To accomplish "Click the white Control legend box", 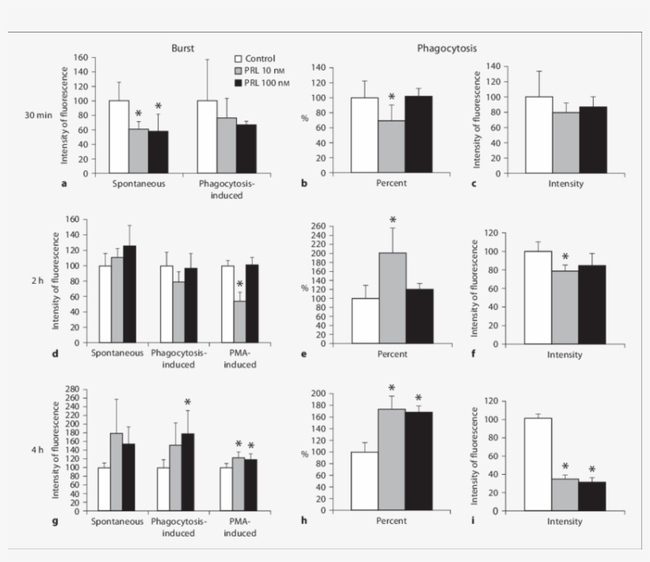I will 238,59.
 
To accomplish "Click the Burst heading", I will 183,48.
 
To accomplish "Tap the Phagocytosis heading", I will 447,48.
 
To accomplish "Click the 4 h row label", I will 37,450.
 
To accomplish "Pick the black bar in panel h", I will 419,461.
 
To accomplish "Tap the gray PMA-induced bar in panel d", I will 239,321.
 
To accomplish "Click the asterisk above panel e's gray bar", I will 392,220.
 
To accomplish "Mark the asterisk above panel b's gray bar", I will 392,97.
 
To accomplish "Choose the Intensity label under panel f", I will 564,354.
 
